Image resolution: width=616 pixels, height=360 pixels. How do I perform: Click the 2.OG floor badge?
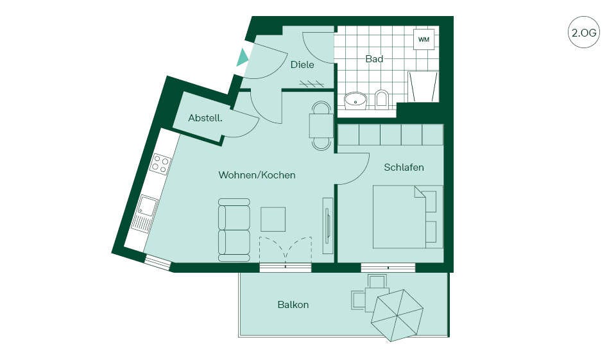(584, 32)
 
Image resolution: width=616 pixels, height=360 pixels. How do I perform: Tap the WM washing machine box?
(424, 39)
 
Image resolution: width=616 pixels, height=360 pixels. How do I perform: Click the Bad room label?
(374, 59)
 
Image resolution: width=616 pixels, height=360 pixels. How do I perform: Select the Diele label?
(302, 64)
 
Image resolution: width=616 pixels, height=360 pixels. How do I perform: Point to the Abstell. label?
(205, 118)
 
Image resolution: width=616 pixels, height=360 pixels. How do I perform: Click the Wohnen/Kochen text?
(257, 175)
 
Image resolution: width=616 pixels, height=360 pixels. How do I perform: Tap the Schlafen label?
(404, 167)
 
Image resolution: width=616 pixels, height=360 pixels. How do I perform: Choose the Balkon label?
(293, 305)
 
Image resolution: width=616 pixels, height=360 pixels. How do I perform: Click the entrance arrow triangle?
(242, 58)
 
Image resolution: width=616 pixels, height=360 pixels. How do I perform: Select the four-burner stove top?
(161, 164)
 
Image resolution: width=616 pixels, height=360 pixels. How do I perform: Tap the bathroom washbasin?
(355, 101)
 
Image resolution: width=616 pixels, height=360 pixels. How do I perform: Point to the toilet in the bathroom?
(381, 100)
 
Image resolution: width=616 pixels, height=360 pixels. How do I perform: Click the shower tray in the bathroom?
(423, 87)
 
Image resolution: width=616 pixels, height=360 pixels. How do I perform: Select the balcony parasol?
(397, 315)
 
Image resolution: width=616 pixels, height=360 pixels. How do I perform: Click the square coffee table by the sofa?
(273, 219)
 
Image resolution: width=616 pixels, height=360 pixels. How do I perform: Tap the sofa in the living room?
(234, 230)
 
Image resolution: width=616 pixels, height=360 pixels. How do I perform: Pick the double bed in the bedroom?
(408, 217)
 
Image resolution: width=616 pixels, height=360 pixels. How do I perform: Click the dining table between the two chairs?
(321, 126)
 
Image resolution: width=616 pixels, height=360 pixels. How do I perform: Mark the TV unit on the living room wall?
(327, 225)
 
